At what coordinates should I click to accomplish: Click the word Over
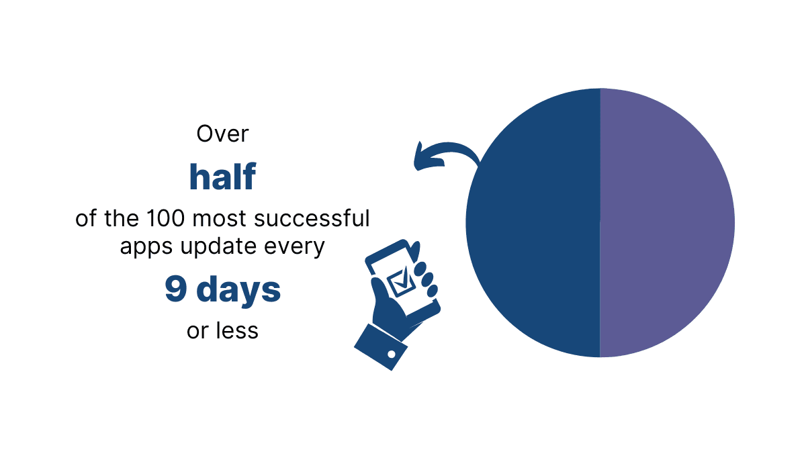tap(222, 134)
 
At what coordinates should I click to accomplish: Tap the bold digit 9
tap(176, 289)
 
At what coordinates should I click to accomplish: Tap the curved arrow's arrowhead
tap(422, 158)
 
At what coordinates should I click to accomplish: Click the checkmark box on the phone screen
tap(401, 282)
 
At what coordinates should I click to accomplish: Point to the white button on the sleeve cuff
tap(392, 355)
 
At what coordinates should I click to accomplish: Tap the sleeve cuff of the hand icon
tap(381, 347)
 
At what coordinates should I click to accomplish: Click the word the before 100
tap(122, 218)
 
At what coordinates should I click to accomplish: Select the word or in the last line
tap(197, 332)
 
